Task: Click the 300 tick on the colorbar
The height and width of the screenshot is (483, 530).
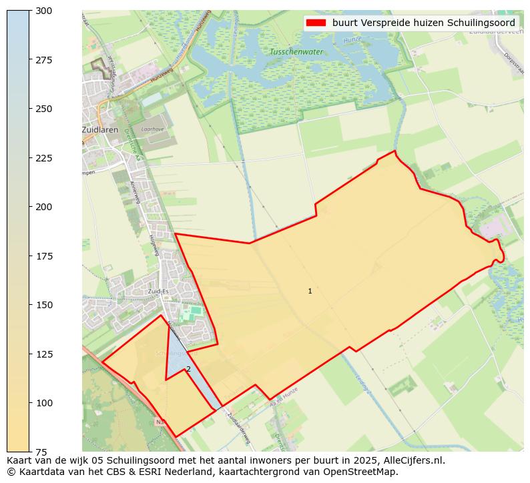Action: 44,11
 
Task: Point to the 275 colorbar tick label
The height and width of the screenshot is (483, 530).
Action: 44,60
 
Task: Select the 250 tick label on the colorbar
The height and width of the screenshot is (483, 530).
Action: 44,109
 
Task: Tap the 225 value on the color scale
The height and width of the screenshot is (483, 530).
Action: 44,158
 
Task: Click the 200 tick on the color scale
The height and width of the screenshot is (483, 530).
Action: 44,207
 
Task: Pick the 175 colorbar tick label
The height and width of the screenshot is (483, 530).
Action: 44,256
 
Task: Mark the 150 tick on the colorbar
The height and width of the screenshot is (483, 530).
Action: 44,305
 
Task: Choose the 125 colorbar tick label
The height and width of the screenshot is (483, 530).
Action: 44,354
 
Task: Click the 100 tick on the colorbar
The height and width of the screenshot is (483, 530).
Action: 44,403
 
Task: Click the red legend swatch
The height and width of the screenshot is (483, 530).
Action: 316,23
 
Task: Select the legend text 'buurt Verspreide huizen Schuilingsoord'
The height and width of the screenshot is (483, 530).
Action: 423,23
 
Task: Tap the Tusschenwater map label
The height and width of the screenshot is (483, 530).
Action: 296,51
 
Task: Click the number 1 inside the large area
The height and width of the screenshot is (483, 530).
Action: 310,291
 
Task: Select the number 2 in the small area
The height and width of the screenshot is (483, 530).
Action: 188,369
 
